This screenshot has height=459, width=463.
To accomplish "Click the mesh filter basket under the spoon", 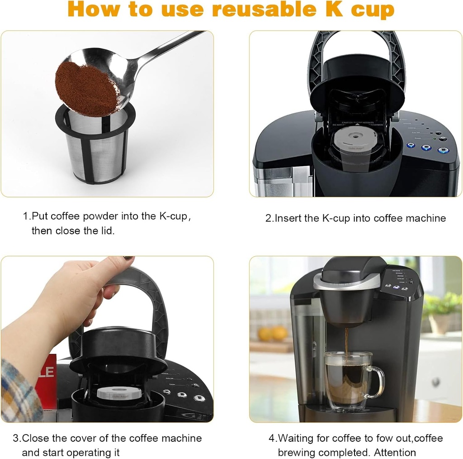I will [x=98, y=149].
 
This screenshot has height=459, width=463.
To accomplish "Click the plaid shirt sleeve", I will [x=18, y=389].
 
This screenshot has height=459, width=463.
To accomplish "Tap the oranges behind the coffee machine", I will [x=273, y=334].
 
